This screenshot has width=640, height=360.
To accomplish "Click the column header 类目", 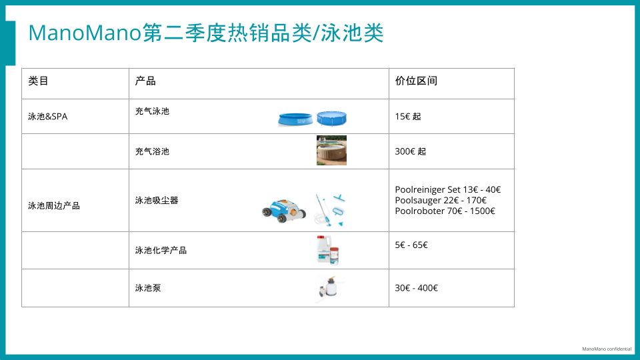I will pyautogui.click(x=38, y=81).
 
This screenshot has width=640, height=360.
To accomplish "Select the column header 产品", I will pyautogui.click(x=145, y=81).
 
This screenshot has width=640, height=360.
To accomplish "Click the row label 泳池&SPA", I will pyautogui.click(x=47, y=117).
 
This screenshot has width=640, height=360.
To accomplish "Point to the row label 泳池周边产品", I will pyautogui.click(x=53, y=206).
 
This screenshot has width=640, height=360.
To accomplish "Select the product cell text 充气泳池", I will pyautogui.click(x=152, y=111).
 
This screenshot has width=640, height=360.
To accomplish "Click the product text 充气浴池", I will pyautogui.click(x=152, y=151).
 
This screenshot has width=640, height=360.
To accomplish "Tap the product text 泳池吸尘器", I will pyautogui.click(x=157, y=200).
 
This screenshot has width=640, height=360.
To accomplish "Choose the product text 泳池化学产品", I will pyautogui.click(x=161, y=251).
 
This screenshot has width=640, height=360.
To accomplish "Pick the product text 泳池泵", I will pyautogui.click(x=148, y=288).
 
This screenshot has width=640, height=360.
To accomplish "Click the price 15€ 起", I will pyautogui.click(x=408, y=117).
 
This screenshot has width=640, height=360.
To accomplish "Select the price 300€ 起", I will pyautogui.click(x=410, y=151).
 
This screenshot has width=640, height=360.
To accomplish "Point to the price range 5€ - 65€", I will pyautogui.click(x=411, y=245).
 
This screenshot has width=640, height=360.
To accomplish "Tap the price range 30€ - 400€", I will pyautogui.click(x=416, y=288).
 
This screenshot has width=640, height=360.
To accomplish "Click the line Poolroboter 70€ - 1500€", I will pyautogui.click(x=445, y=211).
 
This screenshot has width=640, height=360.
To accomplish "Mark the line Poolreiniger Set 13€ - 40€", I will pyautogui.click(x=447, y=190).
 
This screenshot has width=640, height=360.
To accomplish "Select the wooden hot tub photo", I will pyautogui.click(x=331, y=151).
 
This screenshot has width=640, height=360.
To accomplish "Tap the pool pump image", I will pyautogui.click(x=330, y=289).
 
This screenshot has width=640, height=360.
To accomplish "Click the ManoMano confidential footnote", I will pyautogui.click(x=607, y=349).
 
